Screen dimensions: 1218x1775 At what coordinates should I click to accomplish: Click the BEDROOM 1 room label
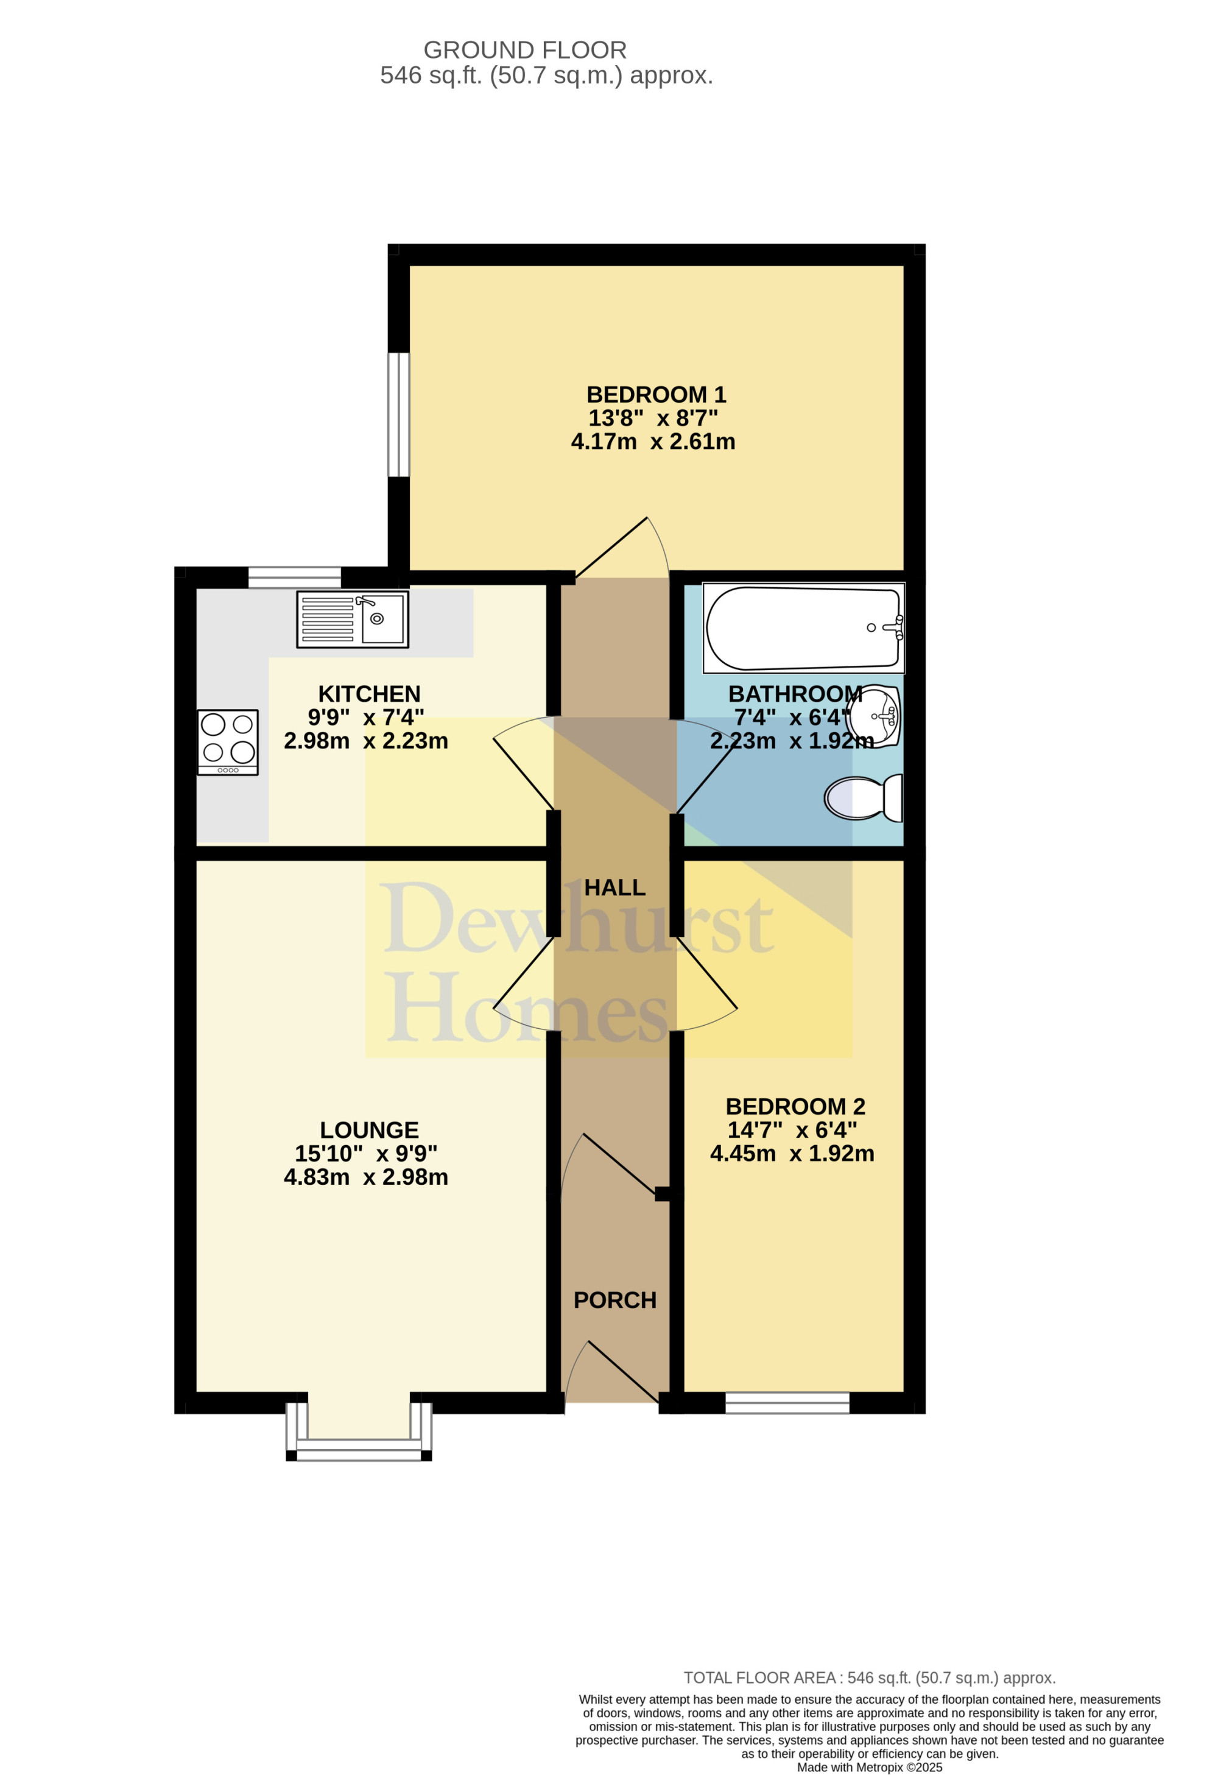pos(656,395)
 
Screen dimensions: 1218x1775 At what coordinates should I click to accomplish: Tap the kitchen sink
pos(353,619)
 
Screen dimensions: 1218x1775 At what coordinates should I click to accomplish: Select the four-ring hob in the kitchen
pos(228,743)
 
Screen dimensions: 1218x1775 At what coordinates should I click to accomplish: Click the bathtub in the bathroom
pos(803,628)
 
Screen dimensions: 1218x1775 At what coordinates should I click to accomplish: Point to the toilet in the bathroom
pos(864,798)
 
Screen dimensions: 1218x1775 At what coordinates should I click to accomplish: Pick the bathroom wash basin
pos(876,716)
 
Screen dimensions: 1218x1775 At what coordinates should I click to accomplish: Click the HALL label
pos(614,887)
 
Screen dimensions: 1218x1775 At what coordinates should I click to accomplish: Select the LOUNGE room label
pos(369,1131)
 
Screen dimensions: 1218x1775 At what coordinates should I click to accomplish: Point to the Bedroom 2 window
pos(787,1402)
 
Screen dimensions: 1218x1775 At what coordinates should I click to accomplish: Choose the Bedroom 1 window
pos(399,414)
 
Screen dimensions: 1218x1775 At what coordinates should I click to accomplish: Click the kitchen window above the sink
pos(295,577)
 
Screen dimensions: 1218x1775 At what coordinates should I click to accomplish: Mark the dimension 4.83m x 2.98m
pos(366,1177)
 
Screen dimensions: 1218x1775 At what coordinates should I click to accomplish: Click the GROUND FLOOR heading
pos(526,51)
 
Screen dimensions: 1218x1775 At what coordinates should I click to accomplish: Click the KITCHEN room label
pos(369,694)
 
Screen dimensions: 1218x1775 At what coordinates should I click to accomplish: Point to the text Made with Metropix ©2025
pos(870,1767)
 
